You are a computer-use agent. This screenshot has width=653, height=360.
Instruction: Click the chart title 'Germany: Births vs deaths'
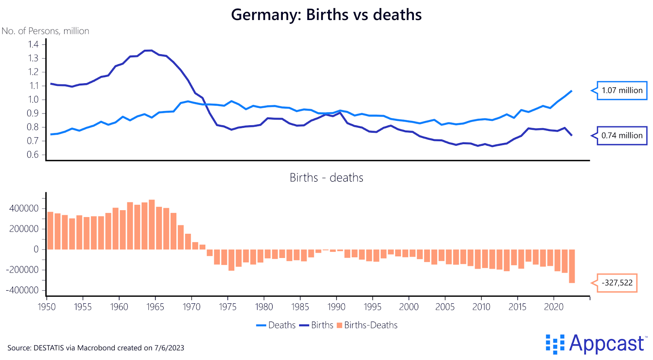point(326,15)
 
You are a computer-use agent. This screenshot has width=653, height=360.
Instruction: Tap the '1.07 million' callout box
point(622,91)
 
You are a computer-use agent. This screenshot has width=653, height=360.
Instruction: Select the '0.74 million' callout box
point(622,136)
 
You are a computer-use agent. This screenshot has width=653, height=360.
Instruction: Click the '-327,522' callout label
point(617,283)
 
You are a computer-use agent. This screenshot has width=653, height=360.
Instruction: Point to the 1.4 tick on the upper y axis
point(33,44)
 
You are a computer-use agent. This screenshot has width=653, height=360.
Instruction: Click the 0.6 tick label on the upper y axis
point(33,155)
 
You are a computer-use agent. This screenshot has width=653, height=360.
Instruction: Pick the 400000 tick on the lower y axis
point(24,209)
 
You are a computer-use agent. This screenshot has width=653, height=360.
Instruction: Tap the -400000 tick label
point(22,290)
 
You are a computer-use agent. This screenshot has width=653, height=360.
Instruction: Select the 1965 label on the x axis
point(155,307)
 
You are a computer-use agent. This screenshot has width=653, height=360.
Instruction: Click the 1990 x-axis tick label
point(336,307)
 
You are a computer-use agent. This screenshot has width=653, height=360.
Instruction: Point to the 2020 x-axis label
point(553,307)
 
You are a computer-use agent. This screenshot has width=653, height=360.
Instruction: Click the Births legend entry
point(317,325)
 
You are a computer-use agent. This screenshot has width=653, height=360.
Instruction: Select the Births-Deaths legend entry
point(367,325)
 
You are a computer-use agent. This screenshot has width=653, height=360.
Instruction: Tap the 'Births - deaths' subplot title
point(326,178)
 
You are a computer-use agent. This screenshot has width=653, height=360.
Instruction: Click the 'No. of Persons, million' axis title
point(45,31)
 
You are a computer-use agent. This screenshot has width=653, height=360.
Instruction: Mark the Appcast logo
point(596,344)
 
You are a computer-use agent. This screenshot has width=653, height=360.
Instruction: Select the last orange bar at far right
point(572,266)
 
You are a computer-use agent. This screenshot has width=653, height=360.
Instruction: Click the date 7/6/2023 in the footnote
point(169,348)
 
